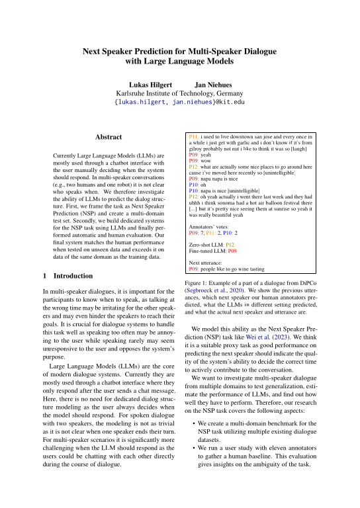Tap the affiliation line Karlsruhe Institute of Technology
pos(180,94)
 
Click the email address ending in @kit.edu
pos(180,103)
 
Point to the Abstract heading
pos(109,137)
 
